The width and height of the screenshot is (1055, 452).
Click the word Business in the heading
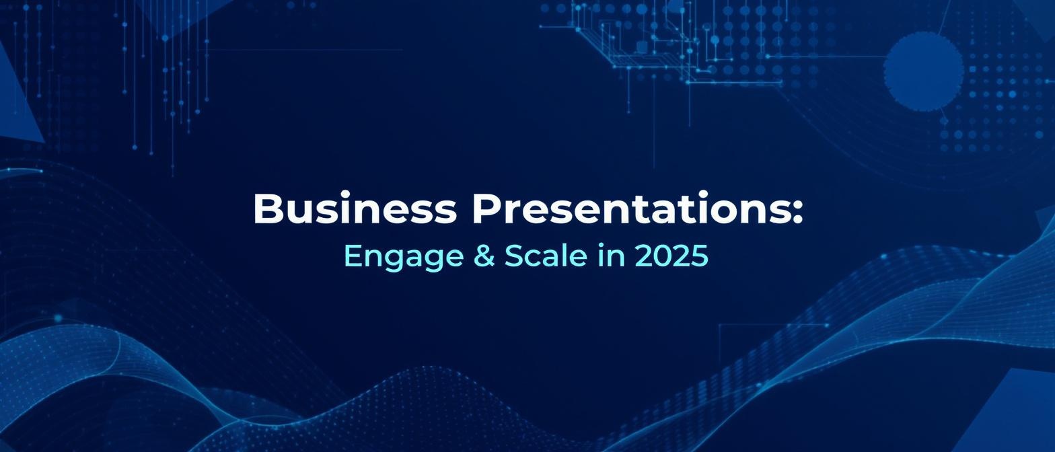click(355, 209)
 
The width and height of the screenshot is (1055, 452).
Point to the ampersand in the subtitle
click(484, 256)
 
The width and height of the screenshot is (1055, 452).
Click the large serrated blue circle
click(923, 71)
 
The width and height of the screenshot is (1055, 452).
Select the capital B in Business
click(268, 209)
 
